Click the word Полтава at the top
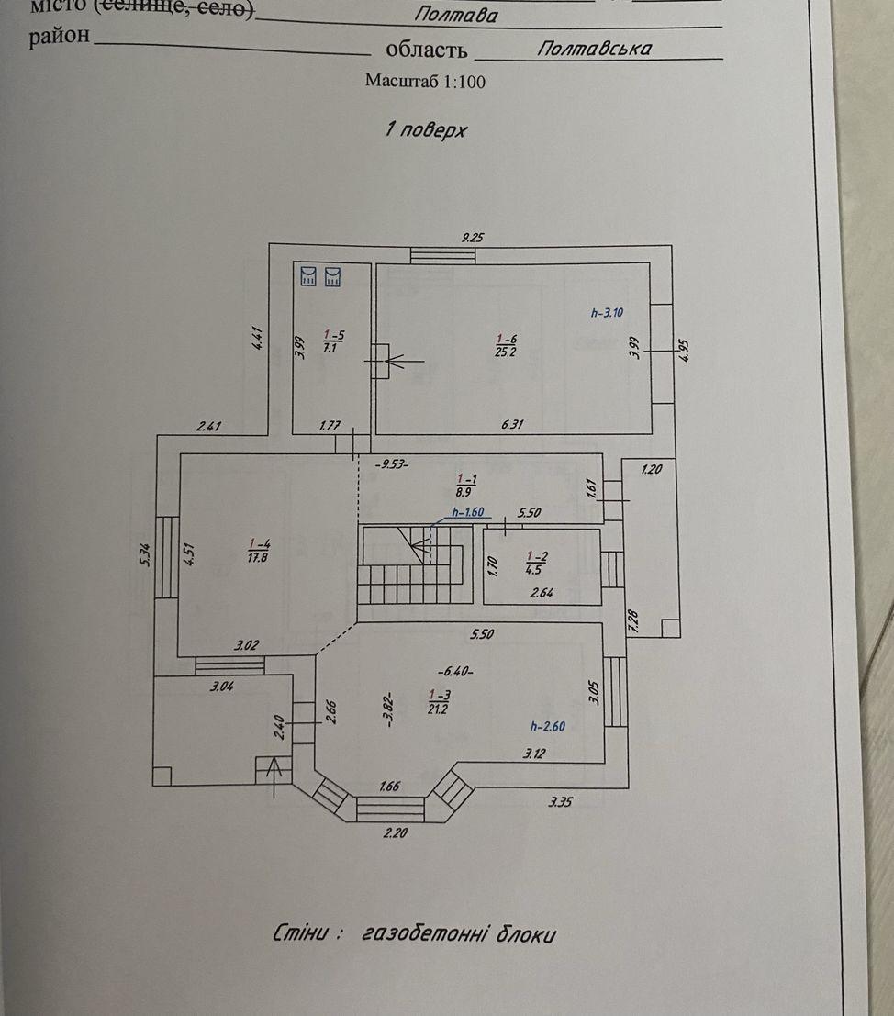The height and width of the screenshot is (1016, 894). [456, 15]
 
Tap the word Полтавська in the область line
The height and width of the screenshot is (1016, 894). [594, 49]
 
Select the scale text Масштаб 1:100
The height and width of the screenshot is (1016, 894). [425, 81]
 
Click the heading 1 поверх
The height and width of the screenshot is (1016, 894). [426, 129]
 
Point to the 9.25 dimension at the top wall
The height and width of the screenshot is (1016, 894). [472, 237]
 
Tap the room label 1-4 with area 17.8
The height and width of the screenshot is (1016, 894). [258, 550]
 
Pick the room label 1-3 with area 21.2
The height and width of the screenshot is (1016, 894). [438, 700]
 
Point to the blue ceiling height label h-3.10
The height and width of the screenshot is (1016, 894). [607, 312]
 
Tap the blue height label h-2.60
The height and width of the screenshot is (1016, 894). [548, 726]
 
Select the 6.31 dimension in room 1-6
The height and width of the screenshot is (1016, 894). [514, 424]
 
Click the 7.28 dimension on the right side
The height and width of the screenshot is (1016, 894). [632, 621]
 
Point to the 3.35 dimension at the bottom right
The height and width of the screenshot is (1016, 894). [562, 802]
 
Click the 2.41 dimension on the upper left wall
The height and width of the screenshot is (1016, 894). [209, 426]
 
